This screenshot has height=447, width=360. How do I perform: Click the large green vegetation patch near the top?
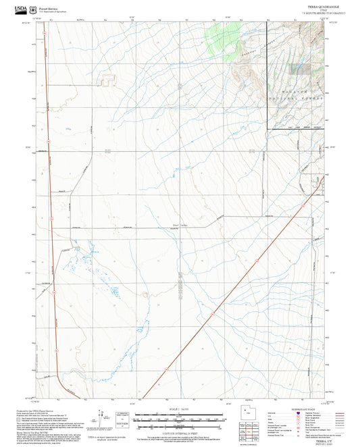click(x=218, y=39)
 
